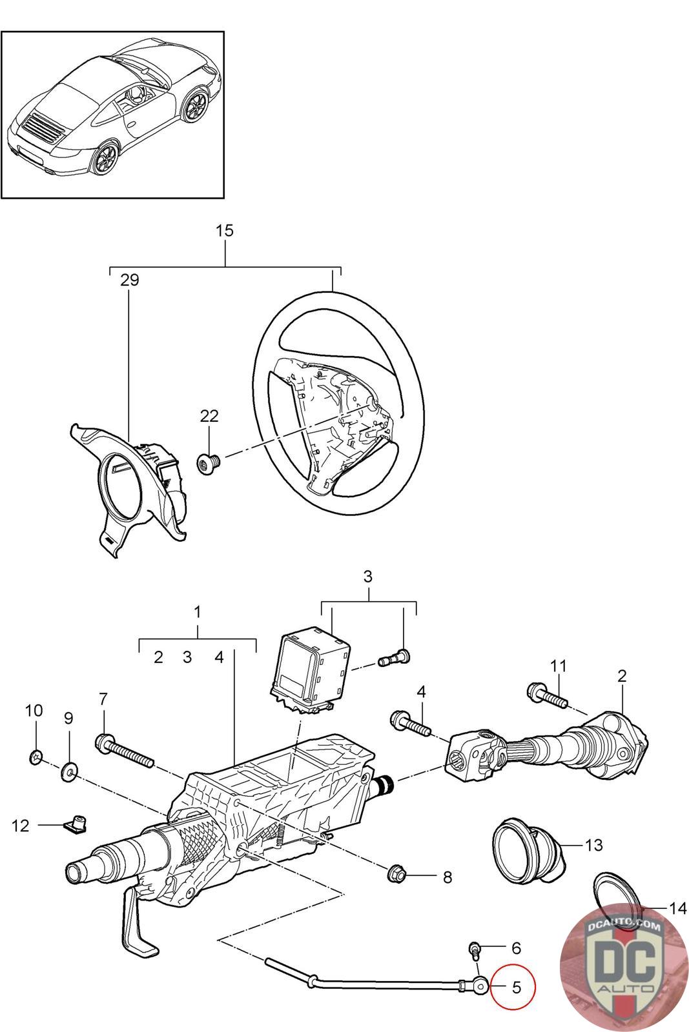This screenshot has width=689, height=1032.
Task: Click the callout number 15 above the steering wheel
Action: point(225,230)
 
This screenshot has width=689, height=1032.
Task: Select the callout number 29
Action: point(130,280)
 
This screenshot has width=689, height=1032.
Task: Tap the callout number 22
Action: point(209,416)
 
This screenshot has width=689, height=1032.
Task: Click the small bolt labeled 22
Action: point(209,461)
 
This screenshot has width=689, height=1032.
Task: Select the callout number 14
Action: point(678,908)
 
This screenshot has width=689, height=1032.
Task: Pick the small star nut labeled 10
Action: point(36,756)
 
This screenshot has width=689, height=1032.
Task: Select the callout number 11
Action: point(558,666)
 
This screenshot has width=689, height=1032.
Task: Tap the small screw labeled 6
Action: point(475,951)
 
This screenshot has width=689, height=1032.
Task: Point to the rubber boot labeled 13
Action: point(528,846)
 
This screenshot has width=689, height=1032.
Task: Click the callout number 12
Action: point(20,826)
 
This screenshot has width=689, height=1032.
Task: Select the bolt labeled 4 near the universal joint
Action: point(411,725)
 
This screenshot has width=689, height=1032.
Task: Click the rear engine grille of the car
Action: point(43,129)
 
